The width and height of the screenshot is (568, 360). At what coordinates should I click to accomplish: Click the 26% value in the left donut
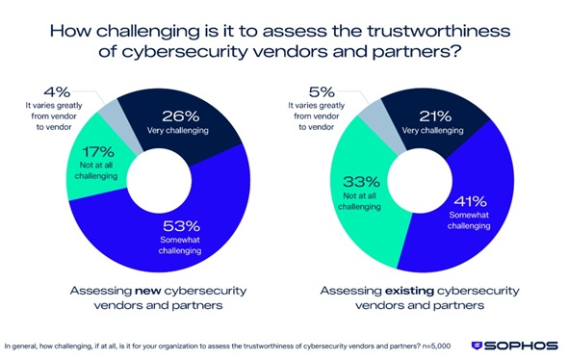[x=180, y=116]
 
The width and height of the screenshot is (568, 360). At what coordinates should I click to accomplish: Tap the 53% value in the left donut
[x=181, y=226]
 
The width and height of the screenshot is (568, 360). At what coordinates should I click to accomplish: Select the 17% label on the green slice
[x=98, y=152]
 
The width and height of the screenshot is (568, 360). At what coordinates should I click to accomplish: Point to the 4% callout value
[x=57, y=92]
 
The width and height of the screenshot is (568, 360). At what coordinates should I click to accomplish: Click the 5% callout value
[x=322, y=92]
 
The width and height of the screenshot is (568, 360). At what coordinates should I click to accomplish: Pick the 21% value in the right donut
[x=435, y=116]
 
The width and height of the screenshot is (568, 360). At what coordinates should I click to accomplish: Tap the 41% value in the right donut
[x=470, y=201]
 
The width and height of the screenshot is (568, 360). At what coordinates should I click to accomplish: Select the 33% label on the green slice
[x=361, y=182]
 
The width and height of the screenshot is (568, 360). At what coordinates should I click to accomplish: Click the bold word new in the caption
[x=148, y=291]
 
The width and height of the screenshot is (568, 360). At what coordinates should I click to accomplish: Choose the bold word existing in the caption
[x=409, y=291]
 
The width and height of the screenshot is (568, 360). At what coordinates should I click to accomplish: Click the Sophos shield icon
[x=477, y=346]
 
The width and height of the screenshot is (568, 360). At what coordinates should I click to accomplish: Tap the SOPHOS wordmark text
[x=521, y=346]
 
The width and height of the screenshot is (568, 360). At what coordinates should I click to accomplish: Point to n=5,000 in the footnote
[x=436, y=347]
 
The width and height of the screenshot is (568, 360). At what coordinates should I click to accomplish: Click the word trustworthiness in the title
[x=439, y=31]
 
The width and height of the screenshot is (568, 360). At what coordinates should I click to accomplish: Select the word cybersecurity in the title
[x=185, y=52]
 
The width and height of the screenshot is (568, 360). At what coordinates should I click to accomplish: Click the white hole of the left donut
[x=159, y=181]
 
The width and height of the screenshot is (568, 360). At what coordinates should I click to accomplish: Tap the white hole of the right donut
[x=420, y=181]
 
